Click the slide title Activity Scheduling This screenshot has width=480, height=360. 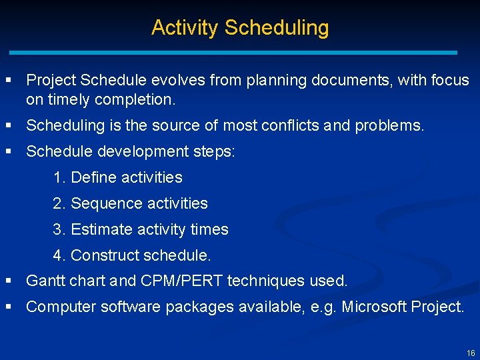click(x=240, y=28)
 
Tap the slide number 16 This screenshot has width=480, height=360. click(x=471, y=353)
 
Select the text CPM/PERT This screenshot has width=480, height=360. click(x=182, y=281)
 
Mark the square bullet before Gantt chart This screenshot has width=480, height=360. click(x=9, y=281)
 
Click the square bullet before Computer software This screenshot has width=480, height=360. click(x=9, y=307)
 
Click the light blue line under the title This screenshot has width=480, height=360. click(x=233, y=52)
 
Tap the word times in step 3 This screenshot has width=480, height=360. click(x=209, y=229)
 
